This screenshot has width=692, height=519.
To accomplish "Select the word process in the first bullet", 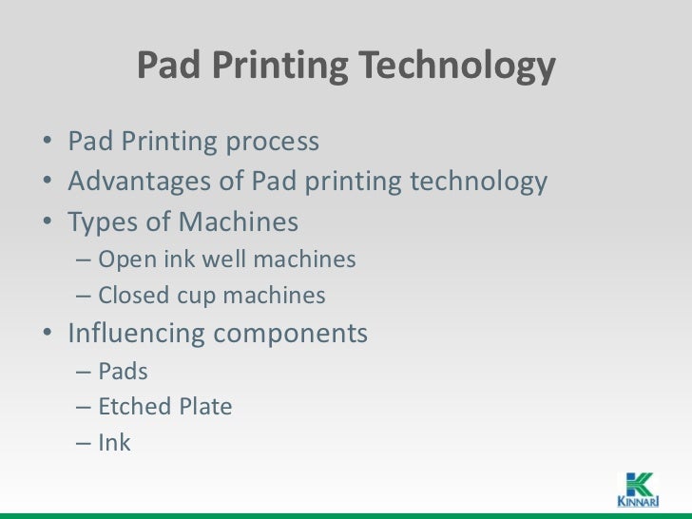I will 271,143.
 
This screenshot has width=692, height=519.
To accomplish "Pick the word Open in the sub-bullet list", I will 125,259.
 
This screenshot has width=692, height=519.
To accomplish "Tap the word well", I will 214,259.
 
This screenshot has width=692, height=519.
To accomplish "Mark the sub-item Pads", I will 124,371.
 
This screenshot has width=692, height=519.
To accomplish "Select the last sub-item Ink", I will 114,442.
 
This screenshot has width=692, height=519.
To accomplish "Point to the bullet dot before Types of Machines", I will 48,223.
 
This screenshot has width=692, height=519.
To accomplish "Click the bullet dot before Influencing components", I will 48,335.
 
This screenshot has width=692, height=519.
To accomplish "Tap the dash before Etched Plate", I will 83,408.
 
